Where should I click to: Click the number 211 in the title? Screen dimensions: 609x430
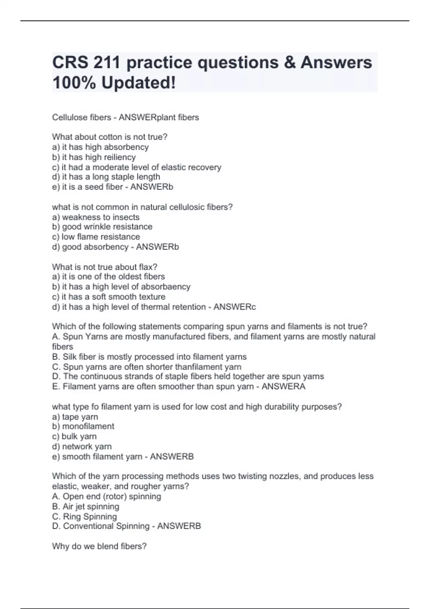106,63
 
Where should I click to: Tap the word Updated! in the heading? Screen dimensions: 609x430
139,83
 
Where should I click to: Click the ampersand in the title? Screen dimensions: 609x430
289,63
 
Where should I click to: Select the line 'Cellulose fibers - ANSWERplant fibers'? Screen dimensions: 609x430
125,118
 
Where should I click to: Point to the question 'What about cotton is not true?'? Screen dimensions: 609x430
110,137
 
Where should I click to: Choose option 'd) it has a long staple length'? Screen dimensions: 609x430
106,177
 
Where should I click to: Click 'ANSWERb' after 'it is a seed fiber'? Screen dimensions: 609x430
152,187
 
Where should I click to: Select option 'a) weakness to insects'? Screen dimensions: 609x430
96,217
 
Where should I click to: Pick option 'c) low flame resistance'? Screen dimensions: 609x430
96,237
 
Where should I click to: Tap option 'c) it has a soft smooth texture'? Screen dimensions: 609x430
109,297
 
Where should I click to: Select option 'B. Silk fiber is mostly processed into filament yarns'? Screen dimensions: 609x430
149,357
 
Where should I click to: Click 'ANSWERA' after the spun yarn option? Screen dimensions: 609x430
283,387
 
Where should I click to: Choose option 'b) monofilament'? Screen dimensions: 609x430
83,426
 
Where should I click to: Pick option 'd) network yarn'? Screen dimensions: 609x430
82,446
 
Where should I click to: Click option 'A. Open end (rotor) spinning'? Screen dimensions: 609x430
106,497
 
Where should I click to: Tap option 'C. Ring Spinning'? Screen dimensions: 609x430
84,517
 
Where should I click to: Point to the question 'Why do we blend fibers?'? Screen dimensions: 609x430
99,546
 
